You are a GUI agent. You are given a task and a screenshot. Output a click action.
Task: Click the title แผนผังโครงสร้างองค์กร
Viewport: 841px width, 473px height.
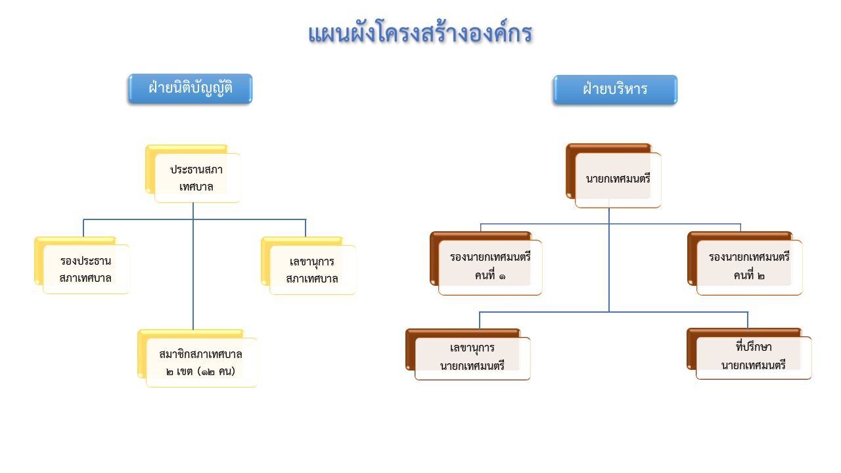tap(420, 33)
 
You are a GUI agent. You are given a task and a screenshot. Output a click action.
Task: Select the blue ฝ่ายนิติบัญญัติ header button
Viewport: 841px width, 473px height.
tap(191, 89)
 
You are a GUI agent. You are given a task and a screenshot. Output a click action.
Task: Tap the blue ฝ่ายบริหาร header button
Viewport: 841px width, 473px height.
tap(616, 90)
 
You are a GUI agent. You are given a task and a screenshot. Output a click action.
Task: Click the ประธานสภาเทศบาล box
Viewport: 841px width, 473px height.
tap(193, 174)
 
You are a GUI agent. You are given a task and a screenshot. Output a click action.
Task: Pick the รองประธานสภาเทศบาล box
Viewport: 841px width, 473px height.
tap(82, 265)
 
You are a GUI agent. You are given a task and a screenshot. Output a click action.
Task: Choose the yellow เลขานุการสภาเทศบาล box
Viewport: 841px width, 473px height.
tap(309, 266)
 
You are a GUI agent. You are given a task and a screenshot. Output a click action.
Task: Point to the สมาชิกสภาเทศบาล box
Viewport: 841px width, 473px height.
tap(198, 359)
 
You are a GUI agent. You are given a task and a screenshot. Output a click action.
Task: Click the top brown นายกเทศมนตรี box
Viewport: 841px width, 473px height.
tap(614, 175)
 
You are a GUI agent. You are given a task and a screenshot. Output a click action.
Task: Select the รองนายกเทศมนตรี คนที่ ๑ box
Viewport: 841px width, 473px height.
tap(486, 263)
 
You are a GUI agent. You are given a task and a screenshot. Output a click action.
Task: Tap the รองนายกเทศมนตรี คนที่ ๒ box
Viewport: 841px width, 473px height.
tap(745, 263)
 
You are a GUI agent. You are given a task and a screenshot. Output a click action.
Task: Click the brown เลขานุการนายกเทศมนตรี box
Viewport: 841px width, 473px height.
tap(468, 354)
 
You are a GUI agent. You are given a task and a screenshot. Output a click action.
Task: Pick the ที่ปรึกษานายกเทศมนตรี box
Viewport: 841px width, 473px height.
tap(750, 354)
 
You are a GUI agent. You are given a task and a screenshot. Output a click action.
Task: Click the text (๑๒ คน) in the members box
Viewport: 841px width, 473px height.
tap(216, 372)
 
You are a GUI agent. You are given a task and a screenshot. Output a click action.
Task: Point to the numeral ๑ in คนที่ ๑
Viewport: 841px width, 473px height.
tap(502, 277)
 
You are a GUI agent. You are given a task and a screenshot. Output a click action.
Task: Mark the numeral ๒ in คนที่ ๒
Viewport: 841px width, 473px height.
tap(761, 277)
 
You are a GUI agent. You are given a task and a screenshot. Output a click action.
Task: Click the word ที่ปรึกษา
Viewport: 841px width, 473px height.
tap(754, 346)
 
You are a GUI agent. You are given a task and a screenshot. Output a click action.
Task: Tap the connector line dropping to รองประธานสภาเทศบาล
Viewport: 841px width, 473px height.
tap(83, 228)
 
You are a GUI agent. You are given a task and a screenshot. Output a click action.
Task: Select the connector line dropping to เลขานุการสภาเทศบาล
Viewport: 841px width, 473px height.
tap(306, 228)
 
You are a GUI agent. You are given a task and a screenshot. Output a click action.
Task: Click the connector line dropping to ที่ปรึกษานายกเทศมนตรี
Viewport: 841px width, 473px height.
tap(748, 320)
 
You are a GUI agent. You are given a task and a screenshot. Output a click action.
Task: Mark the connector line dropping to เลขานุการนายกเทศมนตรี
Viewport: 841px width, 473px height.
tap(480, 320)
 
